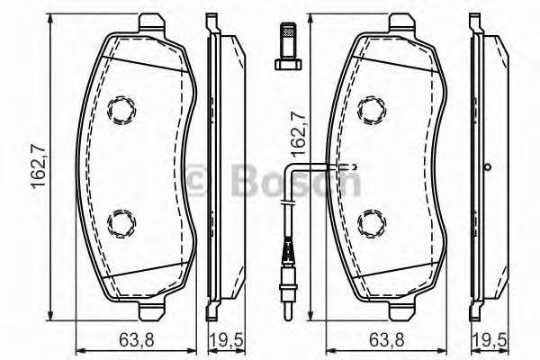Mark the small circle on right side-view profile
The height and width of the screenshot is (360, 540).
(487, 166)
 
